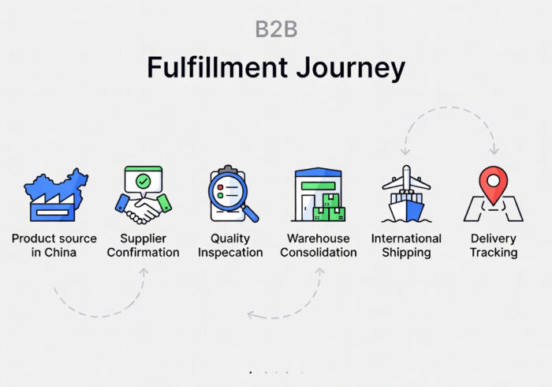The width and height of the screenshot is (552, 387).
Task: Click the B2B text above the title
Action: (x=276, y=29)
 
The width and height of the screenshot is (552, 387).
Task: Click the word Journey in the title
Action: (x=351, y=68)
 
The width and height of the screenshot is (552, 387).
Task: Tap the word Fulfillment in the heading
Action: (x=217, y=66)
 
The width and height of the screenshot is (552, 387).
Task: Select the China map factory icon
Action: (x=56, y=195)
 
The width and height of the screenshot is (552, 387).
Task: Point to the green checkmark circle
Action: (x=144, y=182)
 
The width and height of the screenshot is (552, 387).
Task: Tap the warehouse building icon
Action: (x=319, y=194)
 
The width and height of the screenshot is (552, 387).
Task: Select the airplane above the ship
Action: (x=407, y=179)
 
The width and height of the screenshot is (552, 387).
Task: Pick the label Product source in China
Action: (x=54, y=246)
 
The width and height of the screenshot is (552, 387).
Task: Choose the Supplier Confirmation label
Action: (x=144, y=246)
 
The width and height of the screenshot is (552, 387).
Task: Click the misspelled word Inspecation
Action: (x=230, y=253)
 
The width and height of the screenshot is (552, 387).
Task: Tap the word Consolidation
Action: (x=319, y=253)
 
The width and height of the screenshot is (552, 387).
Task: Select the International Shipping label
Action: (x=406, y=246)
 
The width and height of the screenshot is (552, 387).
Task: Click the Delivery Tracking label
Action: (x=494, y=246)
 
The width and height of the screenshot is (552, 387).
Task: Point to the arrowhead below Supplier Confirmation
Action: (x=144, y=272)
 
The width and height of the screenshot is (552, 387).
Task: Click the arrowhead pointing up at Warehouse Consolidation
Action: (x=319, y=271)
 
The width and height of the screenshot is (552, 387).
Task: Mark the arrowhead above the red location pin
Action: (x=494, y=151)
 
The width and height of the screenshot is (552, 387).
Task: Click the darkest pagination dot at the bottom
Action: (x=251, y=372)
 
